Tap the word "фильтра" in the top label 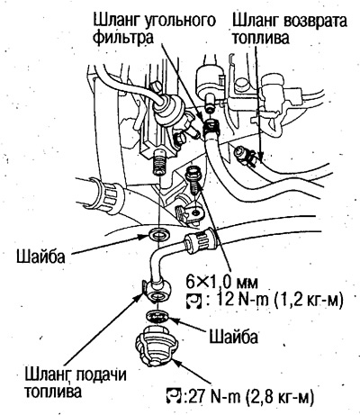click(x=123, y=38)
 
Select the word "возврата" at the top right click(x=312, y=21)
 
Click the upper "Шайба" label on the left click(x=40, y=257)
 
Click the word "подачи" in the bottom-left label click(x=101, y=374)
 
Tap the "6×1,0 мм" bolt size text click(x=221, y=282)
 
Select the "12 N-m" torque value click(x=242, y=299)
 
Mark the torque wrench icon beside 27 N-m click(x=174, y=397)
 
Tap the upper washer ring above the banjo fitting click(x=158, y=234)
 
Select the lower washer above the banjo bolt click(x=157, y=316)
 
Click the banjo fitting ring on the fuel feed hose click(x=157, y=290)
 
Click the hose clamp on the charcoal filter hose click(x=212, y=126)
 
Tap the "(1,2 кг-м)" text click(x=309, y=300)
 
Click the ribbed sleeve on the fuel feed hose click(x=200, y=240)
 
